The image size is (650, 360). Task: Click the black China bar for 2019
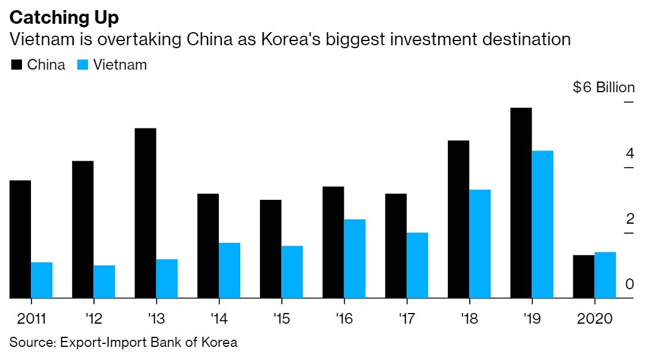click(521, 202)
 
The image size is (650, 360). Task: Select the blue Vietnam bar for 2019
click(542, 224)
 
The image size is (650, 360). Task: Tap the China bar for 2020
click(583, 276)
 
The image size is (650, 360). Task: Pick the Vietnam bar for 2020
click(605, 274)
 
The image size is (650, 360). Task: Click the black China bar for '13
click(146, 212)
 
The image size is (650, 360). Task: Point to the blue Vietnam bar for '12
click(104, 281)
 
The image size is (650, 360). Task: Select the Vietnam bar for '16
click(354, 258)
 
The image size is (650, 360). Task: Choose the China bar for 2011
click(20, 239)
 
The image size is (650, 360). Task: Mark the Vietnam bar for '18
click(480, 243)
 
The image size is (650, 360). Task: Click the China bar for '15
click(271, 249)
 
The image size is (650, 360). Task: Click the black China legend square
click(17, 65)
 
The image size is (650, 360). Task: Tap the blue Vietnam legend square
click(83, 65)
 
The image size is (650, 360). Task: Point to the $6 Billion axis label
click(604, 87)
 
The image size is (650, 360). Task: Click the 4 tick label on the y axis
click(630, 154)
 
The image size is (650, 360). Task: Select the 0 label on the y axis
click(630, 284)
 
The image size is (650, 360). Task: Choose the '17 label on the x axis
click(406, 318)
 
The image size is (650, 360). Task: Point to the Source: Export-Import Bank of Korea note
click(123, 342)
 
